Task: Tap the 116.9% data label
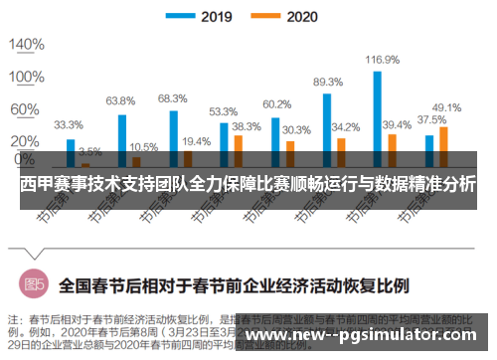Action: (x=382, y=60)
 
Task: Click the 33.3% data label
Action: (x=68, y=125)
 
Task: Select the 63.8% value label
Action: (x=120, y=100)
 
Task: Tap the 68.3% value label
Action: (x=172, y=97)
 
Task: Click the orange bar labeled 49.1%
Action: (x=443, y=144)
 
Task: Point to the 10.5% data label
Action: (x=144, y=146)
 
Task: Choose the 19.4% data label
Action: (x=196, y=141)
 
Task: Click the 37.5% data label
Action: (x=430, y=120)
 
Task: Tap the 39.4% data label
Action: (x=397, y=124)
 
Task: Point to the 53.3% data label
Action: (x=223, y=111)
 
